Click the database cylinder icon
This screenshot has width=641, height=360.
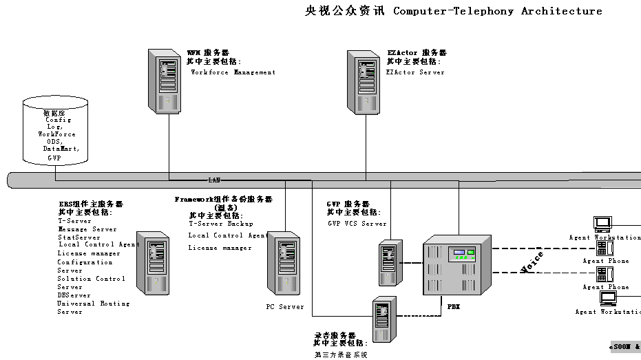click(x=55, y=131)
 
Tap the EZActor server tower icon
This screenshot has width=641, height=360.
click(x=362, y=80)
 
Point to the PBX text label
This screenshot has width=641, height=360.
click(x=454, y=306)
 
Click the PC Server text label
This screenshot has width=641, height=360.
click(x=285, y=307)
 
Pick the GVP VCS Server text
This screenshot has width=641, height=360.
click(x=357, y=224)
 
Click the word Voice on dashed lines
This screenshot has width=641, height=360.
click(x=532, y=262)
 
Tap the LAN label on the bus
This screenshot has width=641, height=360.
click(x=214, y=180)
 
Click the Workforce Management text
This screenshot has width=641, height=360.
click(x=233, y=72)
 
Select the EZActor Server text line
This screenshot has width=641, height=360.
click(x=415, y=72)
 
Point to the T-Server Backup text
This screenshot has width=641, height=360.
click(x=220, y=224)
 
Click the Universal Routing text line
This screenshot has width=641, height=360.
click(x=93, y=304)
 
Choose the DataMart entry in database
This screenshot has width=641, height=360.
click(x=61, y=149)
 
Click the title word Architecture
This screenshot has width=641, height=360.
click(x=562, y=11)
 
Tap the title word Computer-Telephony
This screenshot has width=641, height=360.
click(x=454, y=11)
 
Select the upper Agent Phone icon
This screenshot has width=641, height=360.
click(x=605, y=248)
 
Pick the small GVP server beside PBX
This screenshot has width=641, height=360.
click(x=390, y=262)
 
